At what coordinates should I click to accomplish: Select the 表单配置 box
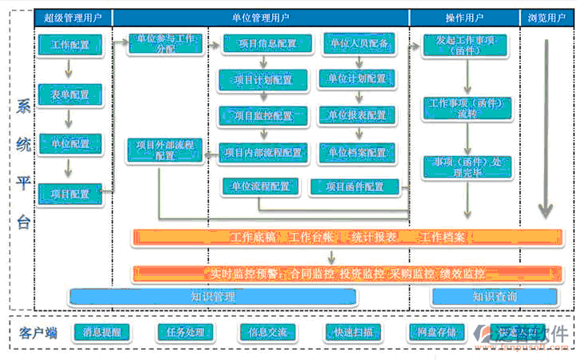70,94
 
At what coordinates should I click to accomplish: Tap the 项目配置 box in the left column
70,193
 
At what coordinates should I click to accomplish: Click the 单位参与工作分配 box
166,43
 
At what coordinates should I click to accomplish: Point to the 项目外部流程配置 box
165,150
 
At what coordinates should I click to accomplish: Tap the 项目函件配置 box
355,187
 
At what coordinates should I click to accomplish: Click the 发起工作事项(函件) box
466,45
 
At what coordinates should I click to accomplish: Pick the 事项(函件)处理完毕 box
466,167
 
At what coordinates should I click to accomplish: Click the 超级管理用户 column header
73,17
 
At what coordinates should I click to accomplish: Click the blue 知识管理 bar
212,297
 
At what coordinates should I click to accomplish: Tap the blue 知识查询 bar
494,297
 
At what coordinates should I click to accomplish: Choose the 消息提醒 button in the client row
101,332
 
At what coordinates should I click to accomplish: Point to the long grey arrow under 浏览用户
546,128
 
